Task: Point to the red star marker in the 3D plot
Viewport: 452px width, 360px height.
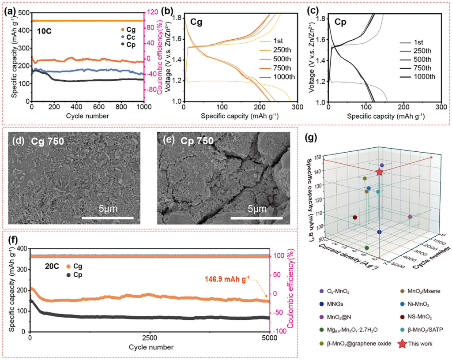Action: [379, 172]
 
